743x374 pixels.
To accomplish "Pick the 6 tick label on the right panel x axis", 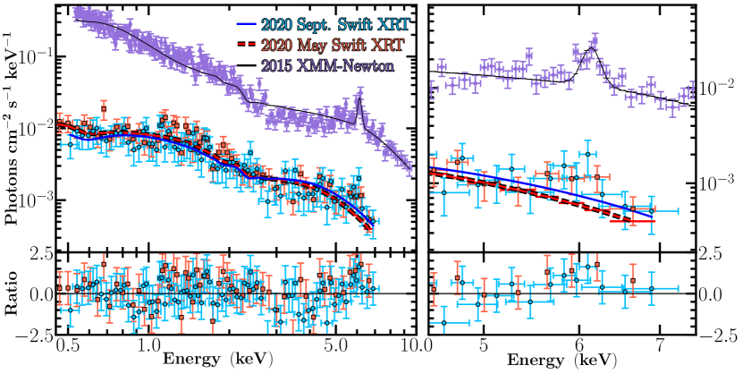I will pyautogui.click(x=572, y=344).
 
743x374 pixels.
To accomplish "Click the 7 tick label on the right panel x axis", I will pyautogui.click(x=661, y=344).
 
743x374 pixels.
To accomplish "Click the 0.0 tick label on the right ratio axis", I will pyautogui.click(x=713, y=293).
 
